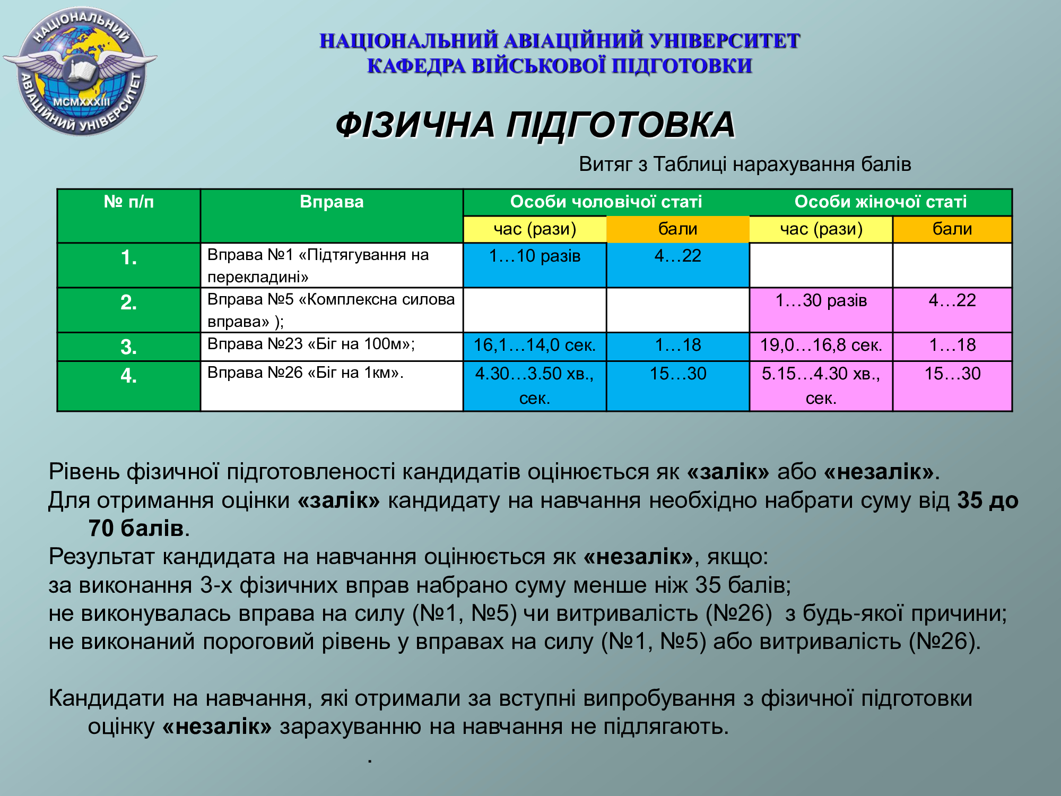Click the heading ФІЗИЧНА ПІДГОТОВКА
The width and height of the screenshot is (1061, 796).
pos(535,125)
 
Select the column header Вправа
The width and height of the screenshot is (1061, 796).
pos(332,202)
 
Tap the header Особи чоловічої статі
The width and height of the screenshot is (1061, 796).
pos(606,202)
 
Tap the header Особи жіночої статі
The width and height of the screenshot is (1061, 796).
pos(881,202)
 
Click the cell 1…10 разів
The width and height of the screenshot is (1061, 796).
pos(535,265)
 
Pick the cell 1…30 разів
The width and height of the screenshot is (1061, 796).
pos(821,310)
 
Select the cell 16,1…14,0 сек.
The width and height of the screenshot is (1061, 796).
pos(535,347)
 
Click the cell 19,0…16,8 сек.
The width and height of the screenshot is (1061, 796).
pos(821,347)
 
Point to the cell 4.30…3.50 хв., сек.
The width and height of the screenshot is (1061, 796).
pos(535,386)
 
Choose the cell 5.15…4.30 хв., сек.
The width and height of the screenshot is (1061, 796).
pos(821,386)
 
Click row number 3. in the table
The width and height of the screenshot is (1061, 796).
pos(128,347)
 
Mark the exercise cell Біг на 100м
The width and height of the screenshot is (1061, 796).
pos(332,347)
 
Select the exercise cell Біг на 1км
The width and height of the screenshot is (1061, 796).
pos(332,386)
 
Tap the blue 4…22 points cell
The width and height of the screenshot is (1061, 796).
pos(677,265)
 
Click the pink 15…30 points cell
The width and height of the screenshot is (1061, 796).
pos(952,386)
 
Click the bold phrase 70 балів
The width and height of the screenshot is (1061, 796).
pos(136,529)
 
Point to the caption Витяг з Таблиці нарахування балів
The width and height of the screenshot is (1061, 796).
pos(745,165)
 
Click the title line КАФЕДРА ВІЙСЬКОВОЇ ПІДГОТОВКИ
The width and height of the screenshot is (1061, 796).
pos(560,66)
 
